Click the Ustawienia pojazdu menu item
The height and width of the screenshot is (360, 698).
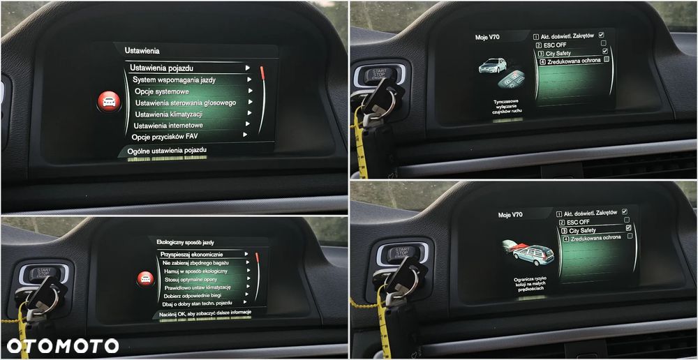[161, 68]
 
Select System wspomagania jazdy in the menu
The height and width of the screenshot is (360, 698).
[174, 80]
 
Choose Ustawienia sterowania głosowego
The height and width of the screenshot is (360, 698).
[185, 103]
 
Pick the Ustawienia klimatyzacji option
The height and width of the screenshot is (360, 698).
[168, 114]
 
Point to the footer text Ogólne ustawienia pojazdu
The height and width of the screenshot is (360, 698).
[167, 150]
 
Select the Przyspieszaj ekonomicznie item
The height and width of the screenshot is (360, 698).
[191, 254]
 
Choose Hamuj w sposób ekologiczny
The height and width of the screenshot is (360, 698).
[195, 271]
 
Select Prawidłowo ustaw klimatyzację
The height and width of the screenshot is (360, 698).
[198, 287]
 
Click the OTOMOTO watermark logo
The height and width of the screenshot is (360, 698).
[63, 345]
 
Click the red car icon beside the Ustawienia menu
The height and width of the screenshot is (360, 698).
[109, 102]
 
